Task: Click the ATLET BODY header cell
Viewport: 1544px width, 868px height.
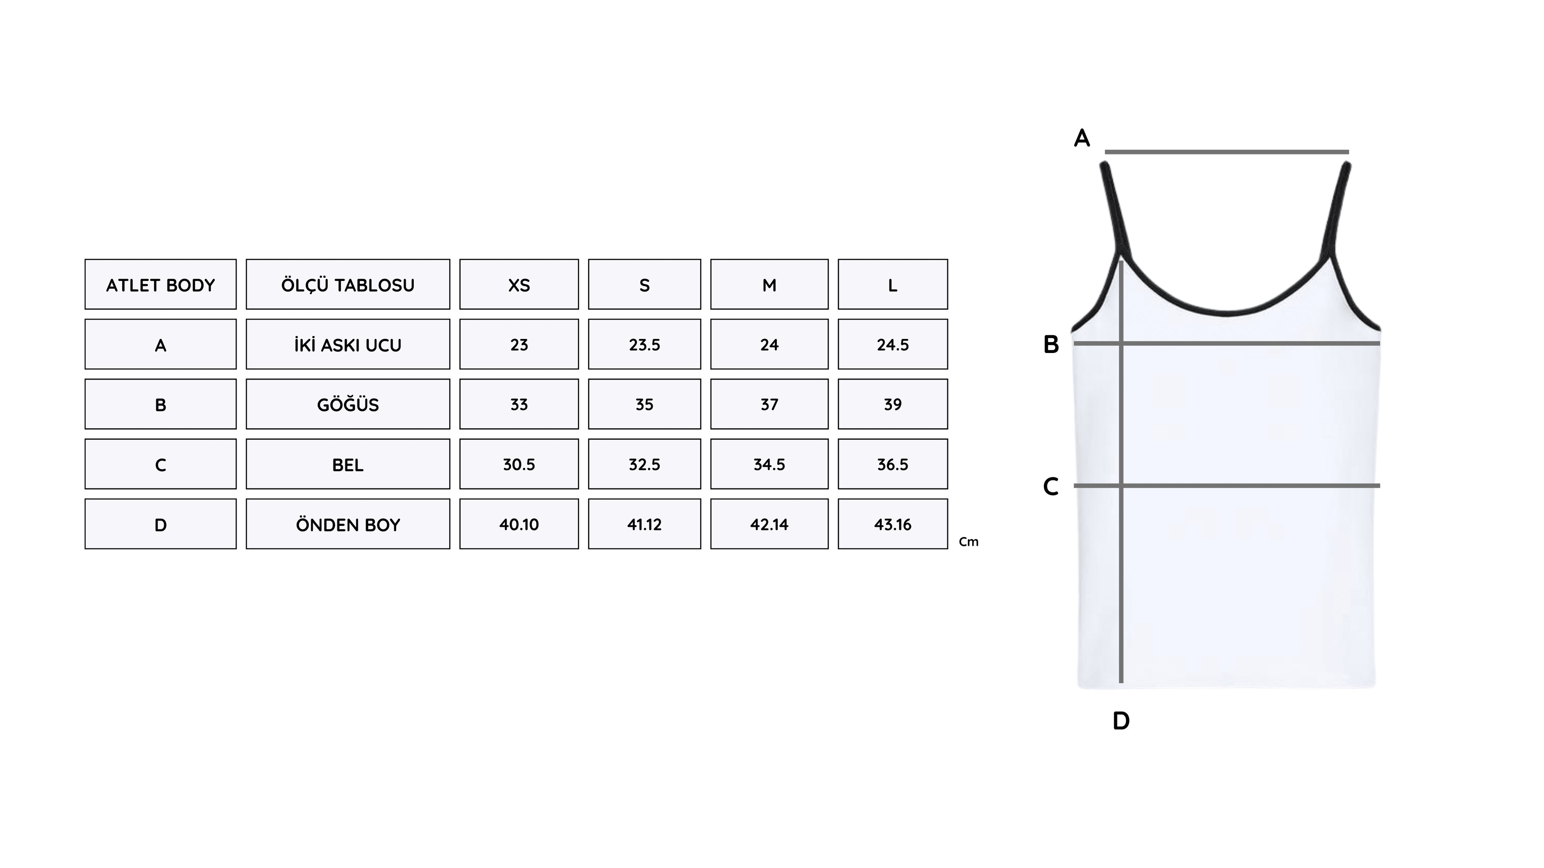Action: pyautogui.click(x=161, y=285)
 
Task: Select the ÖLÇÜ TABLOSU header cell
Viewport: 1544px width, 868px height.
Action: pyautogui.click(x=348, y=285)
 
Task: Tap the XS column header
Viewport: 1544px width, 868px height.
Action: pyautogui.click(x=519, y=285)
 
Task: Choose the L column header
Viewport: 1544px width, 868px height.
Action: pyautogui.click(x=893, y=285)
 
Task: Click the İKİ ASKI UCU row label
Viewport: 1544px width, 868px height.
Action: pyautogui.click(x=348, y=345)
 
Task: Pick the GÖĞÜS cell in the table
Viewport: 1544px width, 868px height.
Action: pyautogui.click(x=348, y=404)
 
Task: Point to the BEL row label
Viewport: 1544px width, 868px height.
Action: pyautogui.click(x=348, y=465)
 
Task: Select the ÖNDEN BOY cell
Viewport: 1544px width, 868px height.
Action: pyautogui.click(x=348, y=525)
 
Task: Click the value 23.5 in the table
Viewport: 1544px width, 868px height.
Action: pyautogui.click(x=644, y=345)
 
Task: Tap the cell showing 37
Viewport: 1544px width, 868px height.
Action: pyautogui.click(x=770, y=404)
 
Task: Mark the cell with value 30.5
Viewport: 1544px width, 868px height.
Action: pyautogui.click(x=519, y=465)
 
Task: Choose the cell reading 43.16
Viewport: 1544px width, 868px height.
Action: pyautogui.click(x=893, y=525)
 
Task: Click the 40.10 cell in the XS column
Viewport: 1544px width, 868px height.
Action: pyautogui.click(x=519, y=525)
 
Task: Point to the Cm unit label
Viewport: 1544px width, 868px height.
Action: pyautogui.click(x=969, y=542)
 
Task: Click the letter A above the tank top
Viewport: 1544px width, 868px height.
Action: pyautogui.click(x=1082, y=138)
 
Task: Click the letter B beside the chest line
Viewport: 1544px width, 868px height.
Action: pyautogui.click(x=1051, y=345)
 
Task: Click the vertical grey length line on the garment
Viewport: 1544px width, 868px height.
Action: pyautogui.click(x=1121, y=472)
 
